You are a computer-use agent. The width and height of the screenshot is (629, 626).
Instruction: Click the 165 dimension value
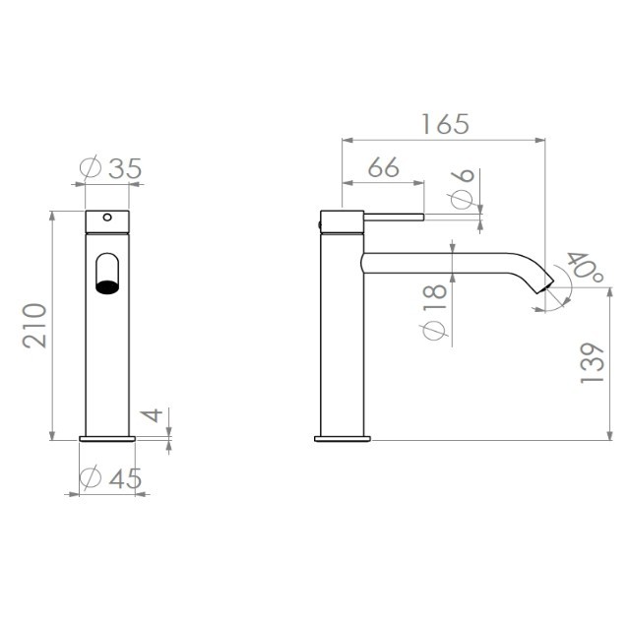click(x=445, y=124)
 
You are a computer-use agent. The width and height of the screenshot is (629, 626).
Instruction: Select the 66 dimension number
click(x=384, y=167)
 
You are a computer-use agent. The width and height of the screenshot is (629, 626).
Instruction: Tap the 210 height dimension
click(x=34, y=325)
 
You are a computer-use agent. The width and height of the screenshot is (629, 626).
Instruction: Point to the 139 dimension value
click(x=593, y=362)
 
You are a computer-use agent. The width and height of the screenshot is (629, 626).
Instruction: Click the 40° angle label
click(x=585, y=267)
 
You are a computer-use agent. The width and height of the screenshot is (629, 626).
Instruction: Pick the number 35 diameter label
click(x=125, y=168)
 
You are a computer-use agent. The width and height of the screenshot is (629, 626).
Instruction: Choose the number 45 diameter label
click(x=126, y=478)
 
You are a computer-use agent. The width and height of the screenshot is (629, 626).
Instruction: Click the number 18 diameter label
click(x=435, y=296)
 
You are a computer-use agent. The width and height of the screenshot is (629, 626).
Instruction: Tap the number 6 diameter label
click(x=463, y=175)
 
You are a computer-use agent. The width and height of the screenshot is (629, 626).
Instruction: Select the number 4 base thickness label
click(x=153, y=415)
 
